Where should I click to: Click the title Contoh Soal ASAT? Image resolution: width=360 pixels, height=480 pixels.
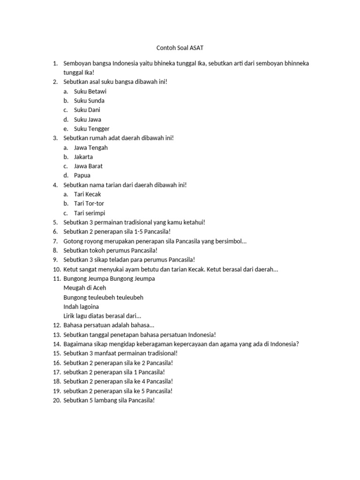pyautogui.click(x=180, y=48)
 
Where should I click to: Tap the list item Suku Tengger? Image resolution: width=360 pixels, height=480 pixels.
pyautogui.click(x=92, y=129)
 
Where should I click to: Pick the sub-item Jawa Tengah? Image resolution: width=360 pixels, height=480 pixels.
pyautogui.click(x=91, y=148)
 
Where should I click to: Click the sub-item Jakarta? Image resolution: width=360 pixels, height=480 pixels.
pyautogui.click(x=83, y=157)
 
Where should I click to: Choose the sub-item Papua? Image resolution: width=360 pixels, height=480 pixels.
pyautogui.click(x=82, y=176)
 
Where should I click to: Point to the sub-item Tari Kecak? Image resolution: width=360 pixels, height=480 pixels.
pyautogui.click(x=88, y=195)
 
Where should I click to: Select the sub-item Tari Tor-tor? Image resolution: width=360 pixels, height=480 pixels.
pyautogui.click(x=90, y=204)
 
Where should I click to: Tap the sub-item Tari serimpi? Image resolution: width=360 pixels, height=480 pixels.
pyautogui.click(x=90, y=213)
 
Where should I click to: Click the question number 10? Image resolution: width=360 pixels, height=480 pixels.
pyautogui.click(x=56, y=270)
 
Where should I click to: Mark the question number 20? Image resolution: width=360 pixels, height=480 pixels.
pyautogui.click(x=56, y=400)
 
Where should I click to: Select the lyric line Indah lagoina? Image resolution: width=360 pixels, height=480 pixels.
pyautogui.click(x=81, y=307)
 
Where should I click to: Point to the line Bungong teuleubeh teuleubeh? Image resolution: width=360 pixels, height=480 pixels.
pyautogui.click(x=103, y=298)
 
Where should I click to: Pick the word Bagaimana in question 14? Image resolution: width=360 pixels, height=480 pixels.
pyautogui.click(x=78, y=344)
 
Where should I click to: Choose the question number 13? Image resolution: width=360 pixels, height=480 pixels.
pyautogui.click(x=56, y=335)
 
